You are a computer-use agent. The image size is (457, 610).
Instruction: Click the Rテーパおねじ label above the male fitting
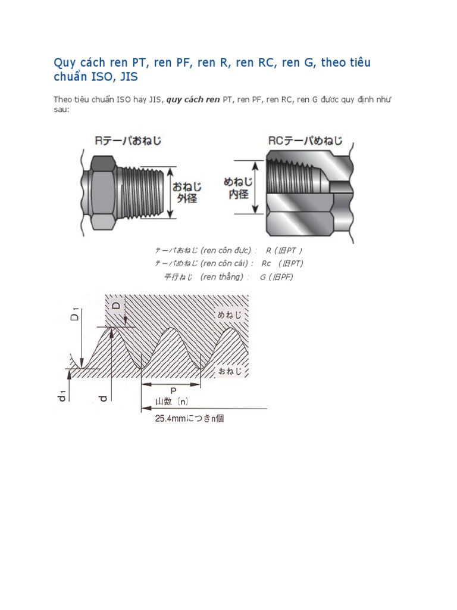[x=128, y=141]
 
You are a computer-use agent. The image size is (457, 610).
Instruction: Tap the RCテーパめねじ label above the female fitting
[x=305, y=141]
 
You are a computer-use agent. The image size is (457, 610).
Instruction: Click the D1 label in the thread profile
[x=74, y=314]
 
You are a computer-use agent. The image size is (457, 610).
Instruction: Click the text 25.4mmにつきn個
[x=189, y=419]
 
